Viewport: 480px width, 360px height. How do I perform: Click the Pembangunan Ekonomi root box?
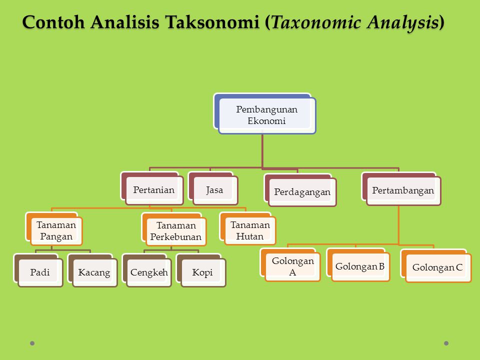click(x=267, y=115)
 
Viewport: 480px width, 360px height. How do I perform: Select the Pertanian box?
click(x=154, y=190)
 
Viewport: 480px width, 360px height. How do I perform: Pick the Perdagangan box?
click(x=302, y=192)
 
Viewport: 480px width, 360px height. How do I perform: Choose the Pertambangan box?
click(x=403, y=190)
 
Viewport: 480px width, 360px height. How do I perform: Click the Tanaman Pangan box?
click(x=56, y=231)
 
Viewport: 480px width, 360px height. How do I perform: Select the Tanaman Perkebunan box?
click(x=176, y=231)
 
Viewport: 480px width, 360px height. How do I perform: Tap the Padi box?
click(x=40, y=272)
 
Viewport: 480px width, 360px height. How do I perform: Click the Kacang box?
click(x=94, y=272)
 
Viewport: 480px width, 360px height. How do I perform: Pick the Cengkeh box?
click(x=149, y=272)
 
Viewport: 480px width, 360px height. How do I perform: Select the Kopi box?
click(x=203, y=272)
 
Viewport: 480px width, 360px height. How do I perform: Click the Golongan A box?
click(x=292, y=267)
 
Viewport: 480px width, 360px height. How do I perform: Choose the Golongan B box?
click(x=360, y=266)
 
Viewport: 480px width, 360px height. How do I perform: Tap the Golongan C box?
click(x=437, y=268)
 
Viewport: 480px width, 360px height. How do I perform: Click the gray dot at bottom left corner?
click(x=32, y=343)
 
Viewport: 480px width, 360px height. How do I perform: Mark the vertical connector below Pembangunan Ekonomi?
click(x=262, y=150)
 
